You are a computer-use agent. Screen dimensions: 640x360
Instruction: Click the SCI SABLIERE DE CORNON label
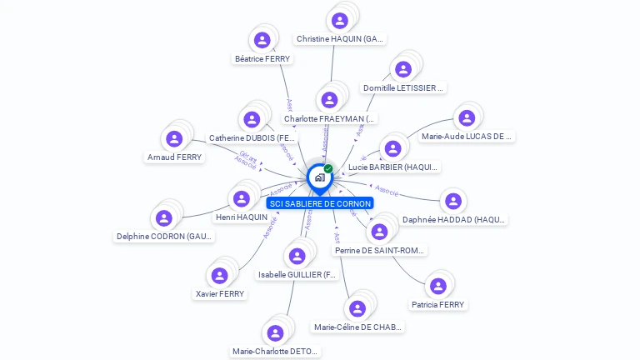click(x=320, y=203)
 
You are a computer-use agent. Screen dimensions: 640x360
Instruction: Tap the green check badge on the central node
click(x=328, y=169)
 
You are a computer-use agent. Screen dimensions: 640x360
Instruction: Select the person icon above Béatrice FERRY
click(x=262, y=40)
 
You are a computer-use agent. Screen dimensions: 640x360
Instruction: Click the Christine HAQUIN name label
click(x=340, y=38)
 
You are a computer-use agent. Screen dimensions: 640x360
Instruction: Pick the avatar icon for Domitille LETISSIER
click(x=403, y=69)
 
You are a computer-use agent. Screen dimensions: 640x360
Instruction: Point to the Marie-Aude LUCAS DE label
click(x=467, y=136)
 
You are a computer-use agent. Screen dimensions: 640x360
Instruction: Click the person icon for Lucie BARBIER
click(x=392, y=148)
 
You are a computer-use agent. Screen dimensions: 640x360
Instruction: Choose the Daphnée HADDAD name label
click(x=454, y=220)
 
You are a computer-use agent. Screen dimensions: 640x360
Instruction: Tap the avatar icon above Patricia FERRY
click(x=438, y=287)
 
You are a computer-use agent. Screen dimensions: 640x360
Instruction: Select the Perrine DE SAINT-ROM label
click(x=380, y=250)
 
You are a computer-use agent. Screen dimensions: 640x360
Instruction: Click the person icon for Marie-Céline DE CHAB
click(x=357, y=308)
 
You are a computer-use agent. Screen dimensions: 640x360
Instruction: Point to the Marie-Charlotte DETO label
click(x=275, y=352)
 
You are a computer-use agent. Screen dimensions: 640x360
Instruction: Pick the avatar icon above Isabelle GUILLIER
click(x=297, y=256)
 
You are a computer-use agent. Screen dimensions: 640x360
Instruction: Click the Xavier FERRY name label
click(x=220, y=293)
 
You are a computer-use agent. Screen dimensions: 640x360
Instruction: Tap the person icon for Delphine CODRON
click(x=164, y=217)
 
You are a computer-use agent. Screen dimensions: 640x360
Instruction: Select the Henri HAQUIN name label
click(x=242, y=217)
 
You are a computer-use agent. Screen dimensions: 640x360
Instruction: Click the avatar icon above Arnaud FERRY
click(x=174, y=138)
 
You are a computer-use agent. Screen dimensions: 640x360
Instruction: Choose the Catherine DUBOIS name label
click(x=252, y=137)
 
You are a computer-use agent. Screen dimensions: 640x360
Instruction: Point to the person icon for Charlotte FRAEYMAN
click(x=330, y=100)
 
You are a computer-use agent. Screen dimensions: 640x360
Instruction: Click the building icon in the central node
click(x=319, y=177)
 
